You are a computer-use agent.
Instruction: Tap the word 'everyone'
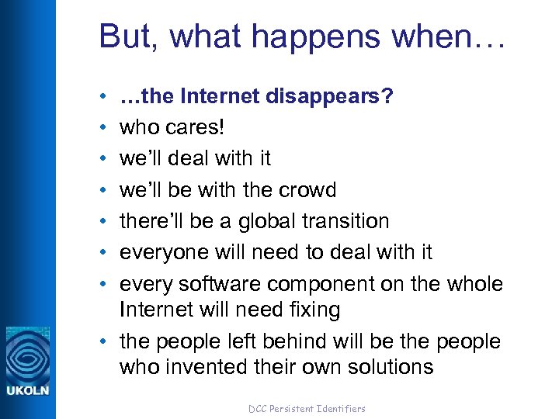[166, 252]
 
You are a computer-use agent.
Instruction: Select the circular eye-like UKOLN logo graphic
[28, 354]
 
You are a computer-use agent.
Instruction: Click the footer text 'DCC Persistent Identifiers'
[306, 408]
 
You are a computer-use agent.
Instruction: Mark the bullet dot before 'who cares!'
[103, 128]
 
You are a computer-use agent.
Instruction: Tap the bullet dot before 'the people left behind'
[103, 342]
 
